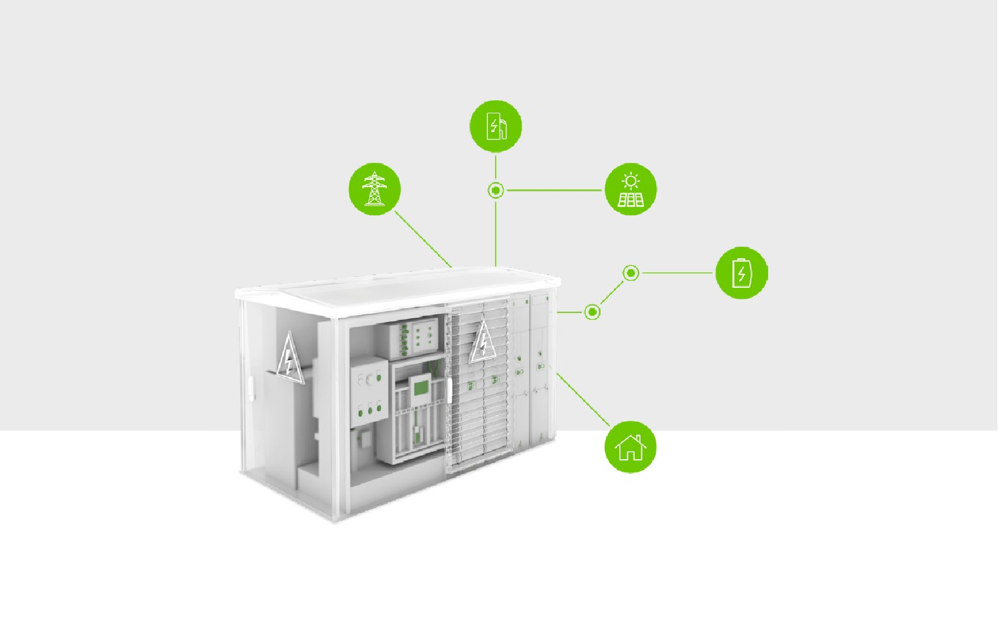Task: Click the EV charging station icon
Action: coord(496,126)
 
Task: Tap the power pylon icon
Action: coord(374,189)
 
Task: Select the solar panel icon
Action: coord(631,189)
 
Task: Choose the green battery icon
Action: coord(742,273)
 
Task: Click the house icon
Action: coord(631,447)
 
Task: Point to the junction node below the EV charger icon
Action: coord(496,190)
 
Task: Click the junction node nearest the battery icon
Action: coord(631,273)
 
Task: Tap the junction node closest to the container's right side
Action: coord(592,312)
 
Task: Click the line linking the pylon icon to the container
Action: coord(423,239)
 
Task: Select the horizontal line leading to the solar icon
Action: coord(554,190)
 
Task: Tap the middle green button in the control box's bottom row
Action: coord(370,411)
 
